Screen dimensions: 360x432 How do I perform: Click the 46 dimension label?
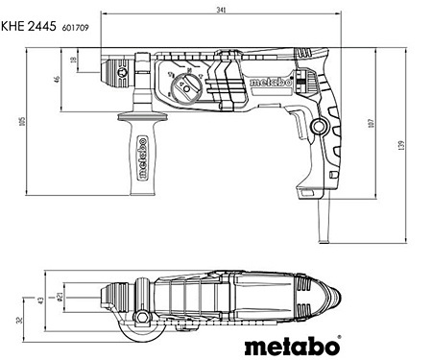coord(58,80)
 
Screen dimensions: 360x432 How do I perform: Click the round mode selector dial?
coord(185,88)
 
